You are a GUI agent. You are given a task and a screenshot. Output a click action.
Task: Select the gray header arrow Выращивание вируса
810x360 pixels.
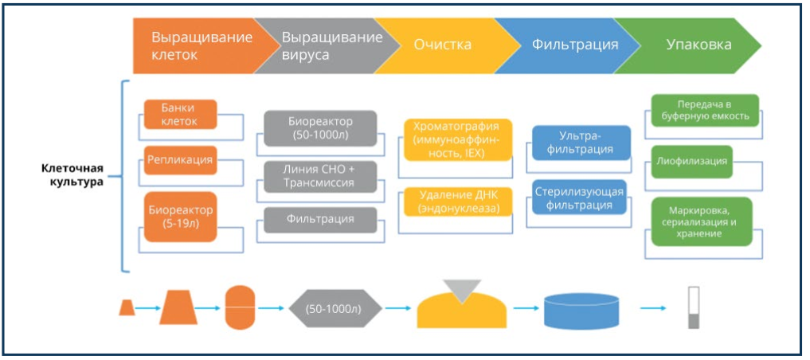click(x=327, y=45)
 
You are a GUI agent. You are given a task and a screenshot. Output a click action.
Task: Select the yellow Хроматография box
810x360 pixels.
click(x=458, y=140)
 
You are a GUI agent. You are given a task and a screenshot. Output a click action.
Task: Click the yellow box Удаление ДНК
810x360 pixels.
click(x=458, y=202)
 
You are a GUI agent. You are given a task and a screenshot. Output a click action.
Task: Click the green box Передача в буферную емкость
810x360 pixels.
click(x=704, y=111)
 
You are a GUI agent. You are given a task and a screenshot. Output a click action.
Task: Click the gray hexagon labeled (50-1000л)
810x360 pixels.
click(x=335, y=308)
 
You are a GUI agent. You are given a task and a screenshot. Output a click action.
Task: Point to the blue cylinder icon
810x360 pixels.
click(x=581, y=311)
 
